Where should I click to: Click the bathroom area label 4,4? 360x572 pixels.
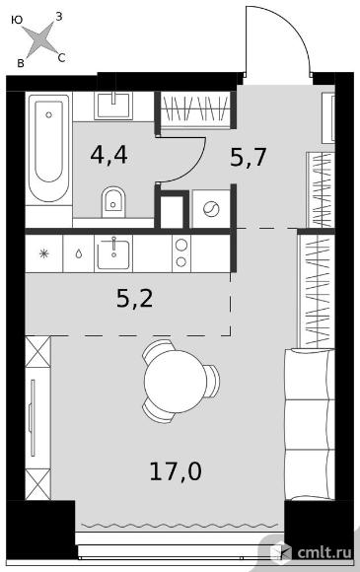108,156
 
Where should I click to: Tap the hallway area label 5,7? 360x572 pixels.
250,158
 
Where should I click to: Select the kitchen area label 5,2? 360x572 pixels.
134,299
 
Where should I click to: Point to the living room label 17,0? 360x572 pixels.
176,471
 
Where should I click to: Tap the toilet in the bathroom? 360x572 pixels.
112,202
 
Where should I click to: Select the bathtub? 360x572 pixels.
49,148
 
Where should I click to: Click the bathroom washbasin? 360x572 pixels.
113,106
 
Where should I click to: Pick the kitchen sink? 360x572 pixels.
113,253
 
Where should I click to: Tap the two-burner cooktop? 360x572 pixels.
181,253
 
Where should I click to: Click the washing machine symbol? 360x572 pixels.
211,210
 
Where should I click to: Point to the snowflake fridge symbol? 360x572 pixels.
43,253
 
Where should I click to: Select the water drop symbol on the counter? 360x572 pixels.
79,253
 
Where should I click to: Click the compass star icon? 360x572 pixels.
41,40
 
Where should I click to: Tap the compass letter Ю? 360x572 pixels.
17,20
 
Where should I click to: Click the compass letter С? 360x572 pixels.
61,57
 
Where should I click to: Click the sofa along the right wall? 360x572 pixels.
310,424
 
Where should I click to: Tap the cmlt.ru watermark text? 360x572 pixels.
324,552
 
